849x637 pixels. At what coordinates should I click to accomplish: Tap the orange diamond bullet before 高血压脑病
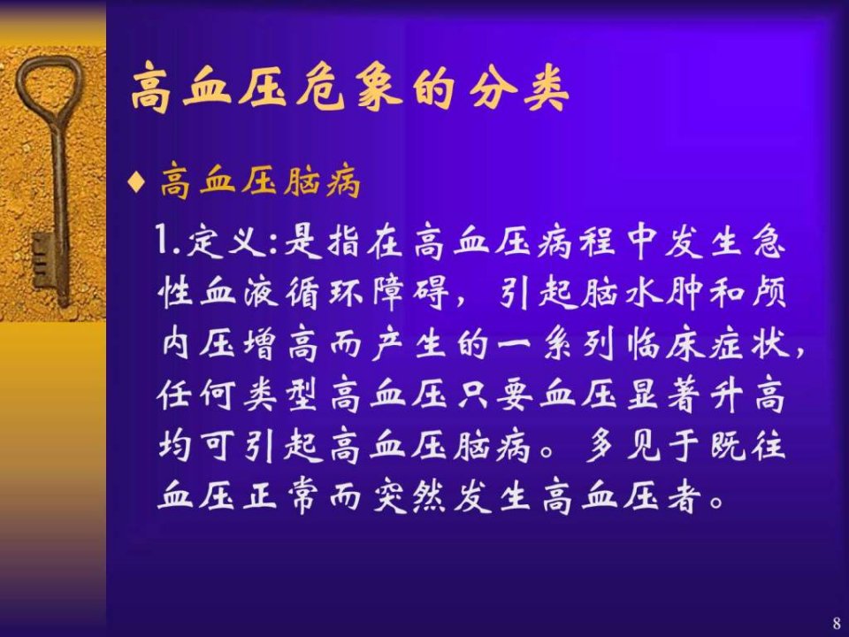click(x=136, y=181)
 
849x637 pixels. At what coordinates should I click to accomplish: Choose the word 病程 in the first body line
click(x=576, y=241)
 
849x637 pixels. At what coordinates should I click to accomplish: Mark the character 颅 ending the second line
click(x=768, y=293)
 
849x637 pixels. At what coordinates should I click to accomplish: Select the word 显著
click(x=663, y=395)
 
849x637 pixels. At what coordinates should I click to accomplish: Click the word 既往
click(x=747, y=446)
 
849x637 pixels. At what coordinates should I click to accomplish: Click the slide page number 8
click(x=837, y=623)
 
